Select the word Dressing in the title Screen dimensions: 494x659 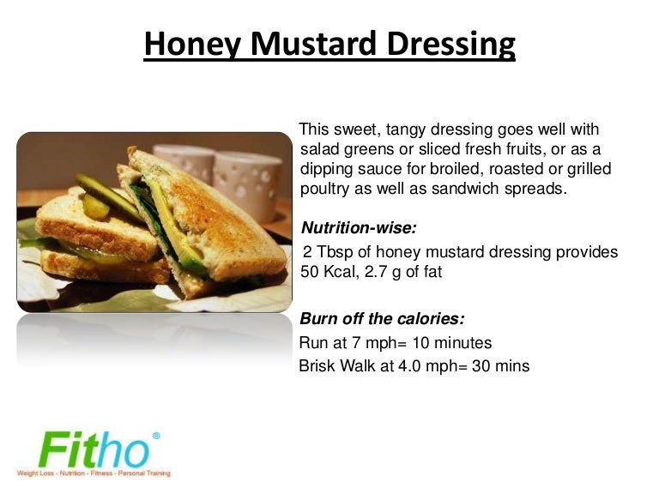tap(454, 43)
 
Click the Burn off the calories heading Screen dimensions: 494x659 tap(382, 319)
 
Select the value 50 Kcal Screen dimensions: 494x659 tap(329, 271)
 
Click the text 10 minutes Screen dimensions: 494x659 tap(452, 343)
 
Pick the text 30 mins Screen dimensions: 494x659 tap(500, 366)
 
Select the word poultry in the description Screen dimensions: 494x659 tap(326, 189)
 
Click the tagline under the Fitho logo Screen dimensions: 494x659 tap(93, 473)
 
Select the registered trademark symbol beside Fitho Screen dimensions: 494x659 tap(156, 436)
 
